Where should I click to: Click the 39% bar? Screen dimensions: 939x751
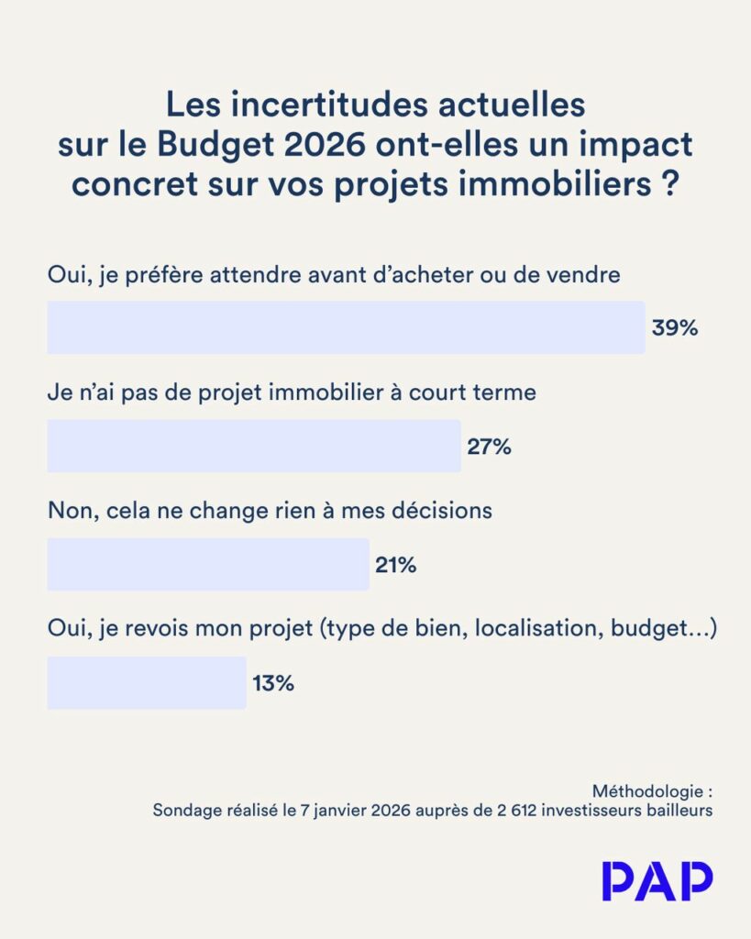346,327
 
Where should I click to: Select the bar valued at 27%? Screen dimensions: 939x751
254,447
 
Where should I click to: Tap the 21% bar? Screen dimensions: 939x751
208,564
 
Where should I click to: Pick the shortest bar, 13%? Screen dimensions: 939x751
147,682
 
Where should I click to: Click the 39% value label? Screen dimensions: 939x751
675,328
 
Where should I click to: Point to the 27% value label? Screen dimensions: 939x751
489,447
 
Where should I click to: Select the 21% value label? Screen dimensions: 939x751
396,565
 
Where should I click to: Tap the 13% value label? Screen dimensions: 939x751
272,683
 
